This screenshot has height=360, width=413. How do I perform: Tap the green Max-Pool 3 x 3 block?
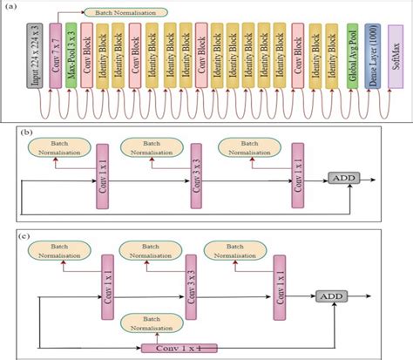point(71,58)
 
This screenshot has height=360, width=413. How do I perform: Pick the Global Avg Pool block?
point(353,58)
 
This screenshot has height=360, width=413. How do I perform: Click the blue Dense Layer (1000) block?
point(372,58)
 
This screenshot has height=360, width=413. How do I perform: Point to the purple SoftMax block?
point(395,58)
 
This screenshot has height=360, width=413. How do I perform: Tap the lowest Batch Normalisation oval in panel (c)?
point(152,323)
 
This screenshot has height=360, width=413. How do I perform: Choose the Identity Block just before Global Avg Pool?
point(335,58)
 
